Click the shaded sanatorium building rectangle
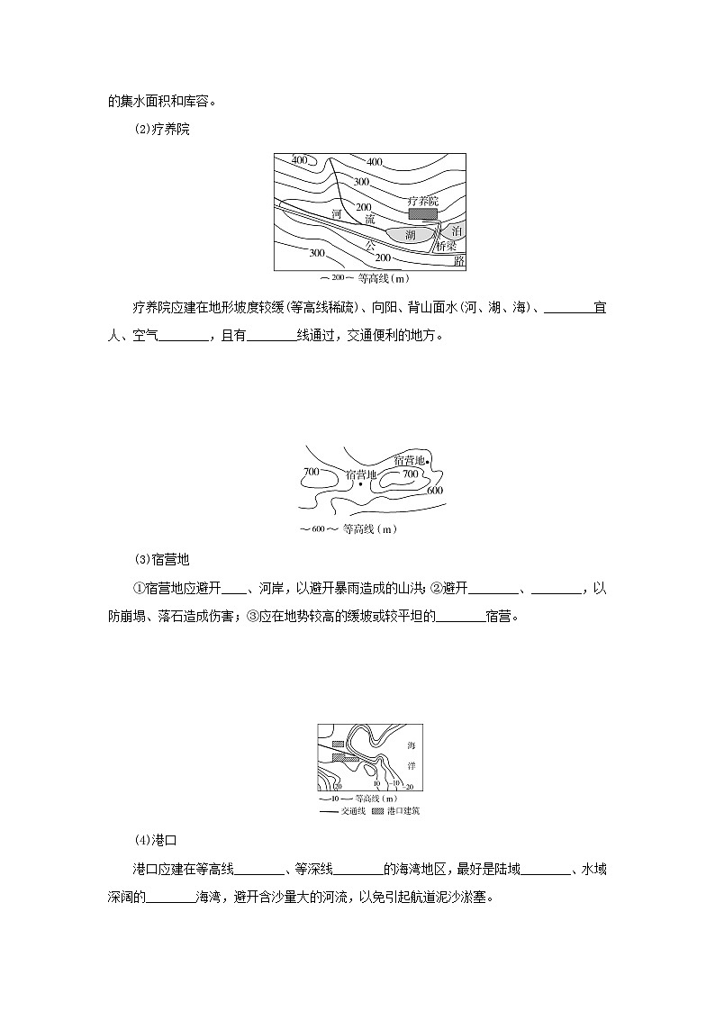(x=421, y=214)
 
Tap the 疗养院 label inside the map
(x=422, y=201)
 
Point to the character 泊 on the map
(x=456, y=231)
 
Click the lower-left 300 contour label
(x=316, y=252)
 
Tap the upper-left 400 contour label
(x=300, y=160)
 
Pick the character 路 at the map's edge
(x=459, y=260)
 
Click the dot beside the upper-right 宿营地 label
(x=428, y=463)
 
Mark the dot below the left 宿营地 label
(x=360, y=484)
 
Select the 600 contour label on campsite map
(x=434, y=491)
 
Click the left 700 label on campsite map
(x=312, y=472)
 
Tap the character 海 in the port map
(x=412, y=746)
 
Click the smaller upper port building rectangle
(x=338, y=745)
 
